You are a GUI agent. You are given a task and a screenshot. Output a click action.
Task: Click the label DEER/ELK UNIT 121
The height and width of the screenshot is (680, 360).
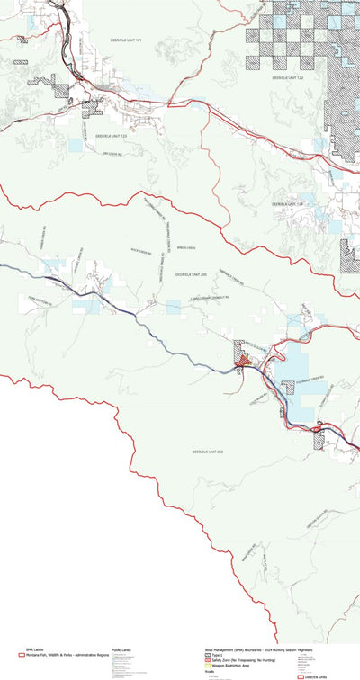(x=126, y=40)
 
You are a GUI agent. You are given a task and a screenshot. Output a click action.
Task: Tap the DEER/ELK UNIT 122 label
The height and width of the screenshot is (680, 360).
(x=288, y=78)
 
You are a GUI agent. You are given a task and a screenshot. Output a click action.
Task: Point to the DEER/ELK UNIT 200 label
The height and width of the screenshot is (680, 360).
(x=191, y=273)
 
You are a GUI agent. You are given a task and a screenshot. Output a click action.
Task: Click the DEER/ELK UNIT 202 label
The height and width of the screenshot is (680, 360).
(x=207, y=450)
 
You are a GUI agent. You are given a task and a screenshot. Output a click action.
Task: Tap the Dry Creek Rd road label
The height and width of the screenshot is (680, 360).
(x=111, y=154)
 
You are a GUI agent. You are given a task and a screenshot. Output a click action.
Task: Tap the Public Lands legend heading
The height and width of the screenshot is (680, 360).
(x=122, y=649)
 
